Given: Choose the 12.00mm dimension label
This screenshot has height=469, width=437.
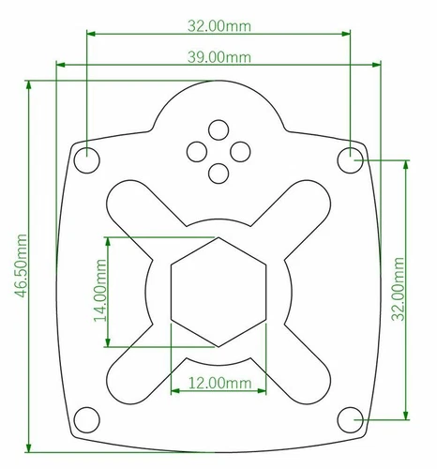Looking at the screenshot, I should click(219, 383).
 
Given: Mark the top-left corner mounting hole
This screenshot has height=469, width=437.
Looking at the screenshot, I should click(86, 159).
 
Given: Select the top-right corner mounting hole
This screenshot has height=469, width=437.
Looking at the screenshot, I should click(352, 159).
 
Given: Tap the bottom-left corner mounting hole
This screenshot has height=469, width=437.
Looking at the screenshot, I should click(86, 418).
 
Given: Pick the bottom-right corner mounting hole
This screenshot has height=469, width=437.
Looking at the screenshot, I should click(352, 418).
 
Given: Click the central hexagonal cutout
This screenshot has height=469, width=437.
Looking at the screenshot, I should click(219, 291).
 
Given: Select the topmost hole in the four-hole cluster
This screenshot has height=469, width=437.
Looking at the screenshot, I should click(218, 129).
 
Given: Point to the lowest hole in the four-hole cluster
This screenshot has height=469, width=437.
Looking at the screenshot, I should click(218, 173).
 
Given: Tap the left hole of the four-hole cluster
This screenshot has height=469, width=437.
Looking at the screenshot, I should click(197, 150).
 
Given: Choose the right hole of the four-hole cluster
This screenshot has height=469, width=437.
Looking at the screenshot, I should click(240, 150).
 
